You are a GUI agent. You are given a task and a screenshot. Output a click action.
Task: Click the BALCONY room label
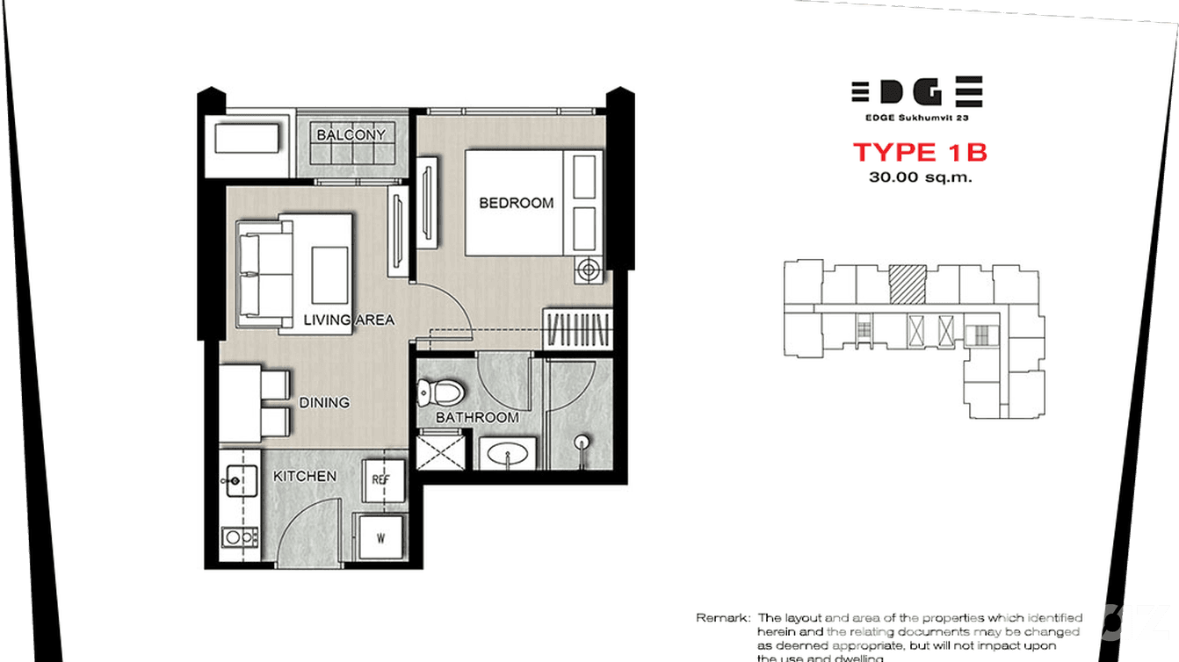coord(351,135)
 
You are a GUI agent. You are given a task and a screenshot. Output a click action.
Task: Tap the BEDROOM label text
coord(516,203)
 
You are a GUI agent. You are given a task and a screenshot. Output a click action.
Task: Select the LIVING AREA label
coord(349,320)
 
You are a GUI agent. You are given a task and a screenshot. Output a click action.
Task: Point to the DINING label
coord(324,403)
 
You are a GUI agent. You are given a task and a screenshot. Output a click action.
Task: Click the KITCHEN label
coord(305,476)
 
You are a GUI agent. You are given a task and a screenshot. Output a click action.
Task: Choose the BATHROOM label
coord(477,418)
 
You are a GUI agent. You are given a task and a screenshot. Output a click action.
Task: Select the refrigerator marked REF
coord(381,480)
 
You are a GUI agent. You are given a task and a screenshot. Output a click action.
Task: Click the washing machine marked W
coord(380,538)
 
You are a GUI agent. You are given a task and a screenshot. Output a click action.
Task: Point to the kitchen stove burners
coord(238,536)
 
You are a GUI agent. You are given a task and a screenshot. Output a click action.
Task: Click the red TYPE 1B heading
coord(920,152)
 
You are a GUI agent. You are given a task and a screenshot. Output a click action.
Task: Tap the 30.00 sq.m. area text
coord(920,176)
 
